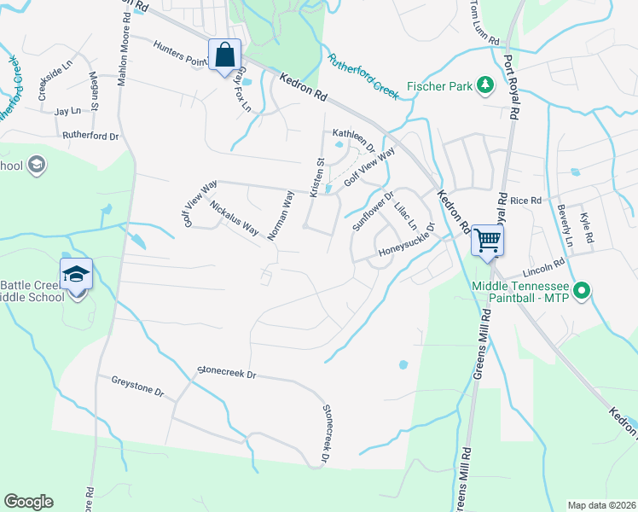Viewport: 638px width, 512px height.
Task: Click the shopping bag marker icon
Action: point(223,55)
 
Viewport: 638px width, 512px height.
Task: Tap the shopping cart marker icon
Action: point(487,240)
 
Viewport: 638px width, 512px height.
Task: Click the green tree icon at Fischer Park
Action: point(485,84)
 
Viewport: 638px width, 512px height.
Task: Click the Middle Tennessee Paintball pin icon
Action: point(583,291)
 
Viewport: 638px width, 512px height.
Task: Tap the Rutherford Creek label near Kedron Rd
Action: point(362,76)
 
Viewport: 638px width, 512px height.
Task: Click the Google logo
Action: point(28,502)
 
